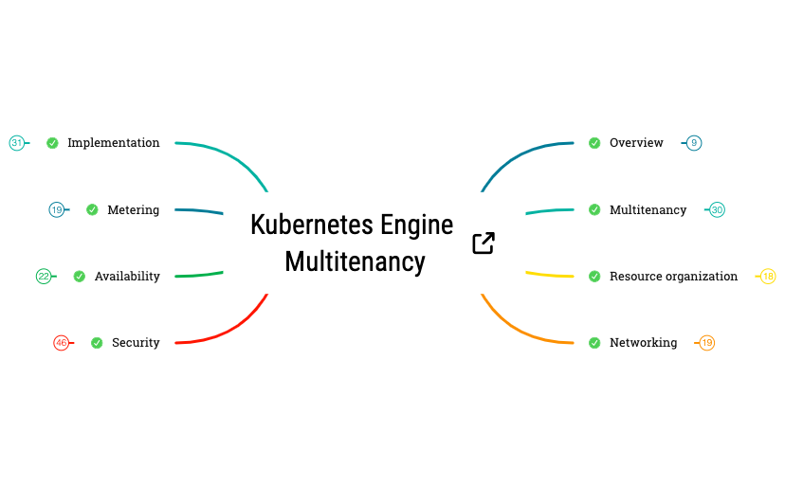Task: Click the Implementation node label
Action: [114, 143]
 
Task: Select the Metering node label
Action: [133, 209]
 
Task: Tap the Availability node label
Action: [127, 277]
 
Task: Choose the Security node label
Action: [136, 343]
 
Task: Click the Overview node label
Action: [636, 143]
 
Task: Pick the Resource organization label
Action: [673, 277]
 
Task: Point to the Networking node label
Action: [643, 343]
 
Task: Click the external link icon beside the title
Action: [484, 243]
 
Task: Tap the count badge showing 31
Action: [16, 143]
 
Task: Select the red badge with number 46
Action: [62, 343]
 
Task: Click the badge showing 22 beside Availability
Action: [44, 277]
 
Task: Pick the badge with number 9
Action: [694, 143]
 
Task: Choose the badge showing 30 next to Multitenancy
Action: [717, 209]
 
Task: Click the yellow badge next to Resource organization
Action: [768, 277]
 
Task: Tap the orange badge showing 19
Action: [706, 343]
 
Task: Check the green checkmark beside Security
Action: [97, 343]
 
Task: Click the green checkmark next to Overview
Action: [594, 143]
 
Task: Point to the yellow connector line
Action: [550, 275]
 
